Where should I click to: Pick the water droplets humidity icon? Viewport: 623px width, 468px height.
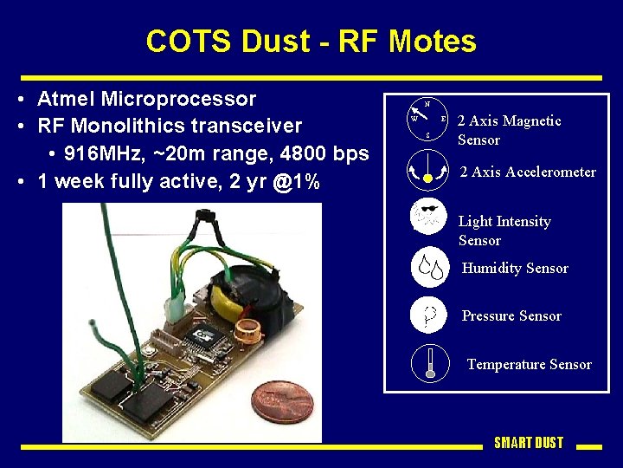point(429,267)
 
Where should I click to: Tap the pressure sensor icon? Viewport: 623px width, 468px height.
point(429,315)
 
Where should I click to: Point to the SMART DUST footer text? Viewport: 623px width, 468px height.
point(528,443)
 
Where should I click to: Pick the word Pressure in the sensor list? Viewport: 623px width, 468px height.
point(489,316)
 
